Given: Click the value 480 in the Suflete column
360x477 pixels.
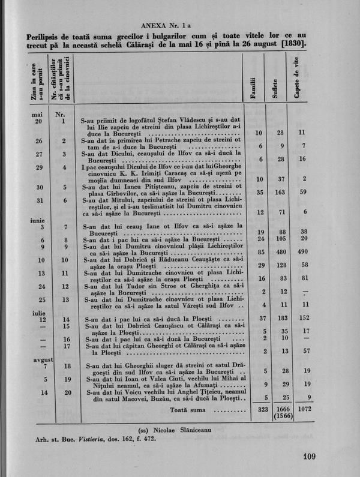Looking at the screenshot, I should [281, 253].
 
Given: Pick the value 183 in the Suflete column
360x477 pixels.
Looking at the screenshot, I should [281, 319].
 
